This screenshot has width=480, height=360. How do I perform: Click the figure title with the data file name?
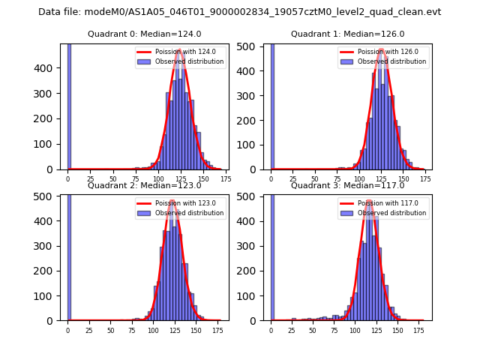pyautogui.click(x=240, y=12)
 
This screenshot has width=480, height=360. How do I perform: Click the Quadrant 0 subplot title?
pyautogui.click(x=144, y=34)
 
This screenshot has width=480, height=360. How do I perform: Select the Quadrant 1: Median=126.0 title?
pyautogui.click(x=347, y=34)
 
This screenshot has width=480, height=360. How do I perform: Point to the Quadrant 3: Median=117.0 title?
pyautogui.click(x=347, y=185)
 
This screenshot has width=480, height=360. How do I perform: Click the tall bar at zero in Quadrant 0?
pyautogui.click(x=69, y=105)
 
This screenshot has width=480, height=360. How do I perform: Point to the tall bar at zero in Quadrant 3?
pyautogui.click(x=272, y=255)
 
